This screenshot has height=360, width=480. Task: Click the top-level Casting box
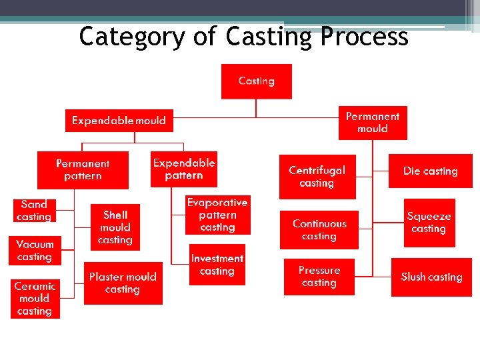tap(256, 81)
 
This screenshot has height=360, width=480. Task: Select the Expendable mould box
tap(119, 121)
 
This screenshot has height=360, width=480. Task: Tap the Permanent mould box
tap(372, 123)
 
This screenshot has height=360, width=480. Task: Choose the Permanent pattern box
tap(83, 170)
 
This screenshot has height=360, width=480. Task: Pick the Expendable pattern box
tap(183, 169)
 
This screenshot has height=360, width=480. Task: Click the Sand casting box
tap(34, 211)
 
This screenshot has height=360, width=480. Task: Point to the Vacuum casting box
tap(35, 251)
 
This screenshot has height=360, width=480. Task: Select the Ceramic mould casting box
tap(35, 299)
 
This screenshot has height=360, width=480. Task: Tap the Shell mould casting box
tap(115, 227)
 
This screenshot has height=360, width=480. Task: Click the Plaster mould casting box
tap(123, 283)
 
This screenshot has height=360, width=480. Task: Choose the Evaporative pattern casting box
tap(217, 215)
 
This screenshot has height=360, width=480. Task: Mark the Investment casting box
tap(217, 265)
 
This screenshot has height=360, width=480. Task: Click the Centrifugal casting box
tap(317, 177)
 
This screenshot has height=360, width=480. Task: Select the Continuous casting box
tap(319, 230)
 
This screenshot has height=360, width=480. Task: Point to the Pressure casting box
tap(319, 277)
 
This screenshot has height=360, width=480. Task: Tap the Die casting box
tap(430, 171)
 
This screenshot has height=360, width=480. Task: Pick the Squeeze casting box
tap(429, 223)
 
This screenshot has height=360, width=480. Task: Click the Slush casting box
tap(431, 277)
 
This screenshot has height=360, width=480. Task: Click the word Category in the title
tap(130, 37)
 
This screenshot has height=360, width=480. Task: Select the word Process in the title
tap(364, 37)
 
